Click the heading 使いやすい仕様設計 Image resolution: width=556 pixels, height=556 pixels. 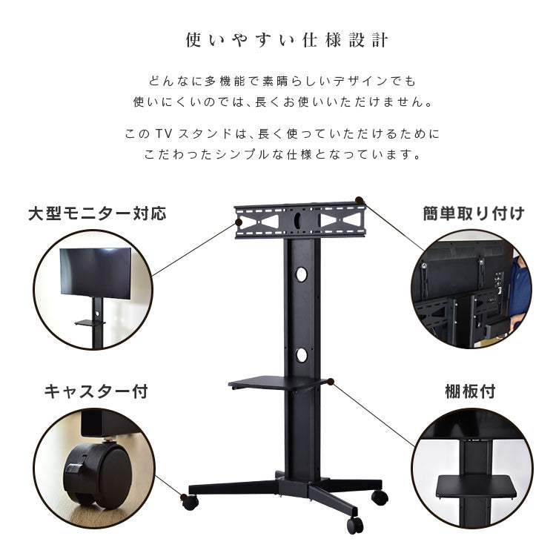tap(286, 40)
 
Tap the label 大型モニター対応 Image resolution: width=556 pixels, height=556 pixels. tap(97, 214)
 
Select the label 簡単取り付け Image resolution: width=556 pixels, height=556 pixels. tap(474, 214)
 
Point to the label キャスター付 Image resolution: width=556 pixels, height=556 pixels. tap(96, 392)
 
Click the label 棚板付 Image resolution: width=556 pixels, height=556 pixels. tap(470, 392)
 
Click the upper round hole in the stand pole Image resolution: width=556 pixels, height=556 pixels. tap(301, 274)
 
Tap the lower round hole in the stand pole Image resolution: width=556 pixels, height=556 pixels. tap(302, 355)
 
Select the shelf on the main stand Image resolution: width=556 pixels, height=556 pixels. tap(278, 383)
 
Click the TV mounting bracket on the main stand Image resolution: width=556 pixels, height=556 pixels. tap(300, 220)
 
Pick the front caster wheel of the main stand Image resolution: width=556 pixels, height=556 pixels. tap(355, 526)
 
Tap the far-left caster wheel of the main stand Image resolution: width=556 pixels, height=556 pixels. tap(191, 503)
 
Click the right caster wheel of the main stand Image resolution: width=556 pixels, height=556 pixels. tap(380, 498)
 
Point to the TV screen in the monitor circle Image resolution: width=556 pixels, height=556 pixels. tap(96, 273)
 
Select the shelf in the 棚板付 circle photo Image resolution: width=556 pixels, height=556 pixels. tap(477, 487)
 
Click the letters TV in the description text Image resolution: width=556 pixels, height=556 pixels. tap(164, 134)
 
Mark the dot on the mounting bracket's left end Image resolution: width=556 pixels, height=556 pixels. tap(239, 222)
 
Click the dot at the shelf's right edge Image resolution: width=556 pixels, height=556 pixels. tap(331, 382)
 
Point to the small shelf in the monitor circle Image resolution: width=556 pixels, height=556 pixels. tap(90, 322)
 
